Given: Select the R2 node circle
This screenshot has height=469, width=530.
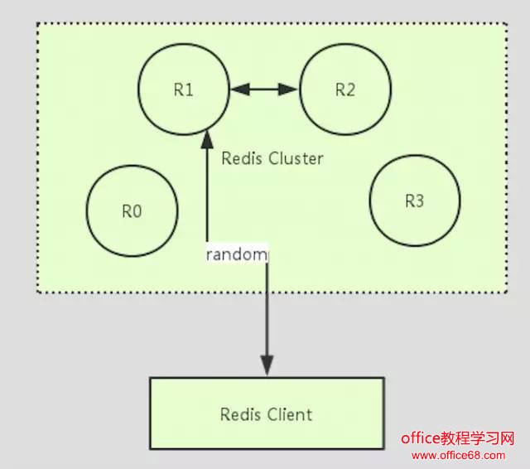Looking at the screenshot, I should click(344, 89).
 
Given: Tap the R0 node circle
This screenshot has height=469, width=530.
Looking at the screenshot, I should click(132, 210).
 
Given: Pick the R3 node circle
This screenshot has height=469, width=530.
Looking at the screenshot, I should click(414, 201).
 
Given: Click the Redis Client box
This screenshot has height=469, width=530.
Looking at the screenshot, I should click(266, 413).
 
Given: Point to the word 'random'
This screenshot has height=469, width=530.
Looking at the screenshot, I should click(237, 254).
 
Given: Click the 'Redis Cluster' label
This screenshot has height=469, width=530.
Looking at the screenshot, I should click(272, 158).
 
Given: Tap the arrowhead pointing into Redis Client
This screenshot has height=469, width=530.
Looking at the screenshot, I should click(267, 365).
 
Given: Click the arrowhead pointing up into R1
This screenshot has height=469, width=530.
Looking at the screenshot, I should click(206, 133).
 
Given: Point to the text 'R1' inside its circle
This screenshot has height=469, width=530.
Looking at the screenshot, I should click(183, 89).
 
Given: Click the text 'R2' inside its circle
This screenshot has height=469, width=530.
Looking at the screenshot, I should click(344, 89).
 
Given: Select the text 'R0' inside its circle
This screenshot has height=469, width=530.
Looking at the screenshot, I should click(132, 211).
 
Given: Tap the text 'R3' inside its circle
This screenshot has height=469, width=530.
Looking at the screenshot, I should click(414, 201).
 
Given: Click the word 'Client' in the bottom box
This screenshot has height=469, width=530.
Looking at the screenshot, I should click(289, 413).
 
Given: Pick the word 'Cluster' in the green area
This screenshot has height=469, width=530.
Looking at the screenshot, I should click(296, 158).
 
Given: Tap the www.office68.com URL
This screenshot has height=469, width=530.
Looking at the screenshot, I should click(458, 456).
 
